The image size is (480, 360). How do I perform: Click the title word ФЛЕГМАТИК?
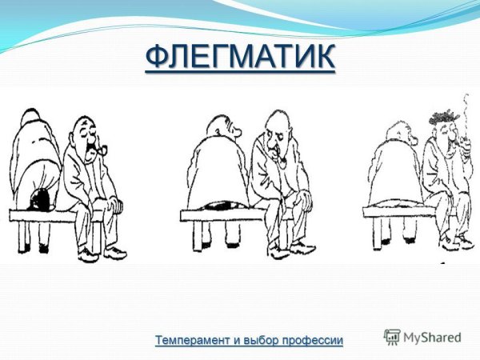click(x=240, y=58)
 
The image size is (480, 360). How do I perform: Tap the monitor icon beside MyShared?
click(x=392, y=337)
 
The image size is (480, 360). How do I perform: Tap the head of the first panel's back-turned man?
click(x=33, y=120)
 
